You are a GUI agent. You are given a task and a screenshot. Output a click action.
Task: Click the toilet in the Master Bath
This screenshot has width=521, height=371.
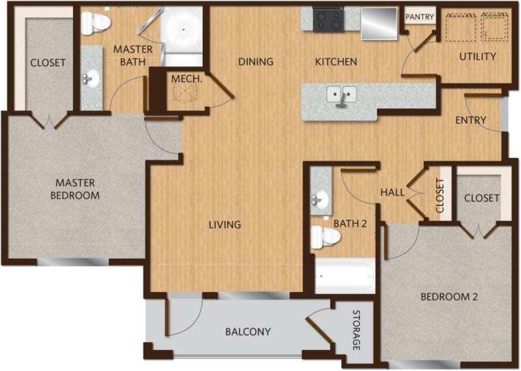(96, 22)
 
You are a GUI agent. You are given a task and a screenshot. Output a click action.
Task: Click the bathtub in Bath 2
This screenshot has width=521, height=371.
(345, 276)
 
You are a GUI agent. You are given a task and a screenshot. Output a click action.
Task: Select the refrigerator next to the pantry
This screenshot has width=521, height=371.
(379, 23)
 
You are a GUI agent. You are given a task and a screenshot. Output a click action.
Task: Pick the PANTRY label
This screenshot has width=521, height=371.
(420, 17)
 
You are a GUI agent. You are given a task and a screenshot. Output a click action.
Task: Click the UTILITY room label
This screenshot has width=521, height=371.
(477, 56)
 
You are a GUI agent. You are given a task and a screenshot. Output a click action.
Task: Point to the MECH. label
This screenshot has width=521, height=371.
(186, 79)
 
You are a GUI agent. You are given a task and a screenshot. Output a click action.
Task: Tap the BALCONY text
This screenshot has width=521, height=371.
(247, 332)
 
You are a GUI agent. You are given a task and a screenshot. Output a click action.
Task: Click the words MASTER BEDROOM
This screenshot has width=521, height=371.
(75, 189)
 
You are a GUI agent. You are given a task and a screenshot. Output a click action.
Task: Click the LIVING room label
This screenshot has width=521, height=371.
(225, 225)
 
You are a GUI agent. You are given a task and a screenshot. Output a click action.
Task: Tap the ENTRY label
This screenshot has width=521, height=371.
(470, 120)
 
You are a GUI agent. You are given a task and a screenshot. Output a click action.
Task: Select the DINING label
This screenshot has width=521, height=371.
(255, 62)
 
